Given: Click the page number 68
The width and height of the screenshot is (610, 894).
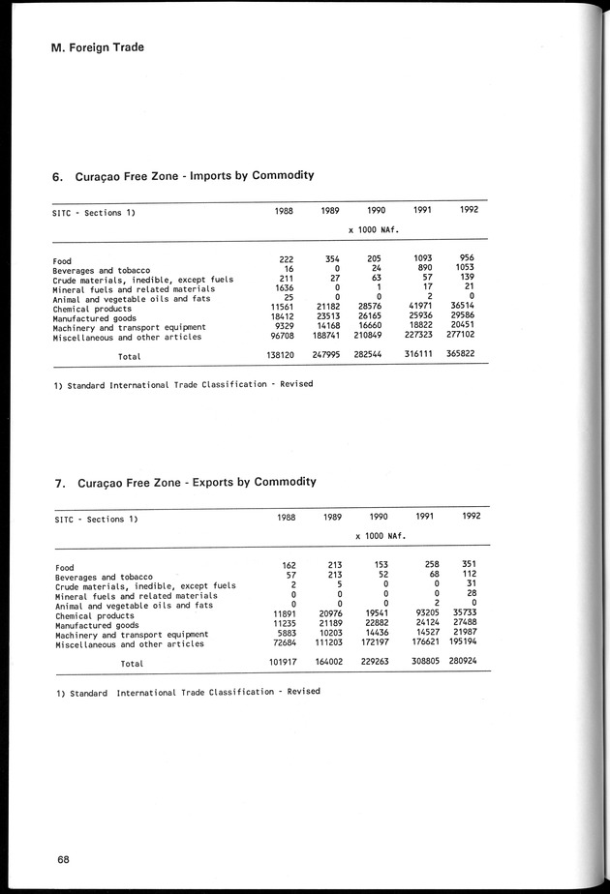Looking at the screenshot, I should (x=63, y=859).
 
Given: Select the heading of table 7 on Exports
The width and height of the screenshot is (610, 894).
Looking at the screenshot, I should (x=183, y=482).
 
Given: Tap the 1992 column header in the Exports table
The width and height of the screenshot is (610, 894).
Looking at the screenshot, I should (x=472, y=517).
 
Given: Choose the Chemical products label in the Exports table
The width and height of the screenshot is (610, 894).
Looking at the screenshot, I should (x=94, y=615).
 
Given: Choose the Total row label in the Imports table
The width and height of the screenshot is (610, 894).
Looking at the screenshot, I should (x=129, y=357).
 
